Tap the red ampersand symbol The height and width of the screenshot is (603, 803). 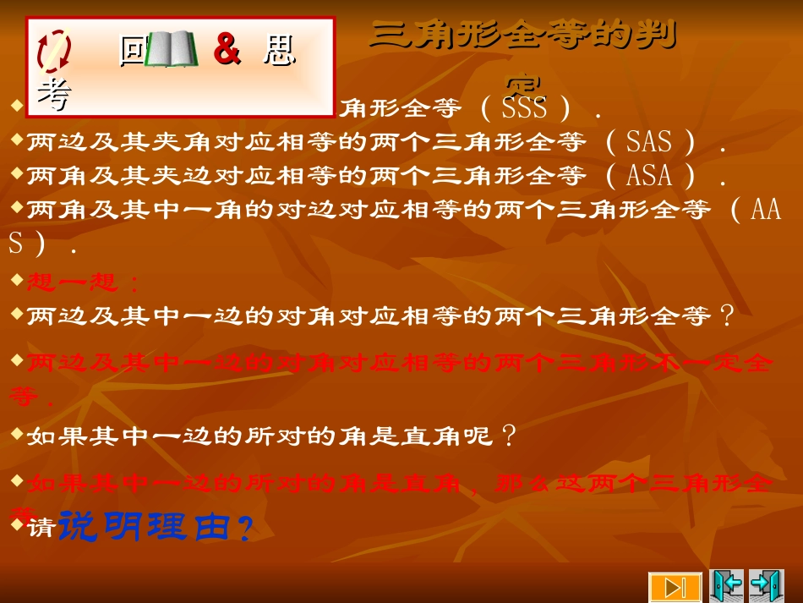[x=227, y=50]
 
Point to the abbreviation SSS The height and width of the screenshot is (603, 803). [x=524, y=108]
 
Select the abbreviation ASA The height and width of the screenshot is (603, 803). [x=649, y=176]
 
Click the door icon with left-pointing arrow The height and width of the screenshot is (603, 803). [x=726, y=585]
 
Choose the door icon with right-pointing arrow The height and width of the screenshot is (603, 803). [x=766, y=585]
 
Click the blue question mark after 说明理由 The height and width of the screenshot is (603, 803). [x=243, y=530]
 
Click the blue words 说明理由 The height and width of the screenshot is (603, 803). [x=144, y=527]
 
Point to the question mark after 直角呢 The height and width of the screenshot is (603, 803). [x=509, y=436]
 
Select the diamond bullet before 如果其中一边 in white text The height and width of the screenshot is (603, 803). [x=18, y=433]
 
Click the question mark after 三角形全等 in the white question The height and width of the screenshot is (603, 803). [x=725, y=316]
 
